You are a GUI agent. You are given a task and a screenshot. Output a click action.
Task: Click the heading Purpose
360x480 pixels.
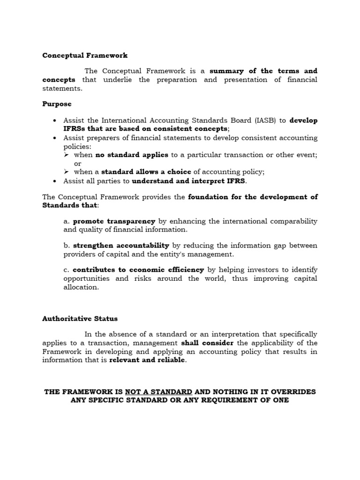(57, 104)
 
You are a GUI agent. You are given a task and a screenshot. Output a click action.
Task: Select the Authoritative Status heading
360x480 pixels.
(80, 318)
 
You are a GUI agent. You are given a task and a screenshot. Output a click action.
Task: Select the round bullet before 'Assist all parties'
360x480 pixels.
(55, 181)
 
